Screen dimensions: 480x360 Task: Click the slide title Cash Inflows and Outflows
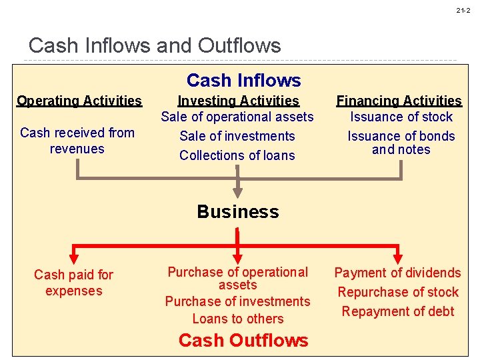[x=155, y=46]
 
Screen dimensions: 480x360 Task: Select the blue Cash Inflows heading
[x=243, y=81]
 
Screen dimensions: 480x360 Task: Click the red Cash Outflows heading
[x=243, y=340]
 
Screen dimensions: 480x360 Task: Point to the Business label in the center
[x=237, y=212]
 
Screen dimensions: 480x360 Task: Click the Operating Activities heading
[x=79, y=101]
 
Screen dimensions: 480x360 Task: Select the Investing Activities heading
[x=238, y=101]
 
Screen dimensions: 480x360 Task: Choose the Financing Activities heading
[x=399, y=101]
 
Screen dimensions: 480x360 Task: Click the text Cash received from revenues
[x=77, y=141]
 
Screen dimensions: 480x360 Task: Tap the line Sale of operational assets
[x=237, y=117]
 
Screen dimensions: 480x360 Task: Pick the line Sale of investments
[x=237, y=136]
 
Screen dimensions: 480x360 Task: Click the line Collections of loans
[x=237, y=155]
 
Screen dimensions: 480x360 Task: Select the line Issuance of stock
[x=401, y=117]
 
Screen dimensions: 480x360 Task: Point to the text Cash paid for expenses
[x=73, y=283]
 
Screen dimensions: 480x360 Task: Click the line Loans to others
[x=238, y=319]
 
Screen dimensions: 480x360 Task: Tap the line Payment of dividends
[x=397, y=273]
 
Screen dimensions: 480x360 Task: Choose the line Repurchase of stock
[x=398, y=292]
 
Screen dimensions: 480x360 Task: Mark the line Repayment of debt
[x=398, y=311]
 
